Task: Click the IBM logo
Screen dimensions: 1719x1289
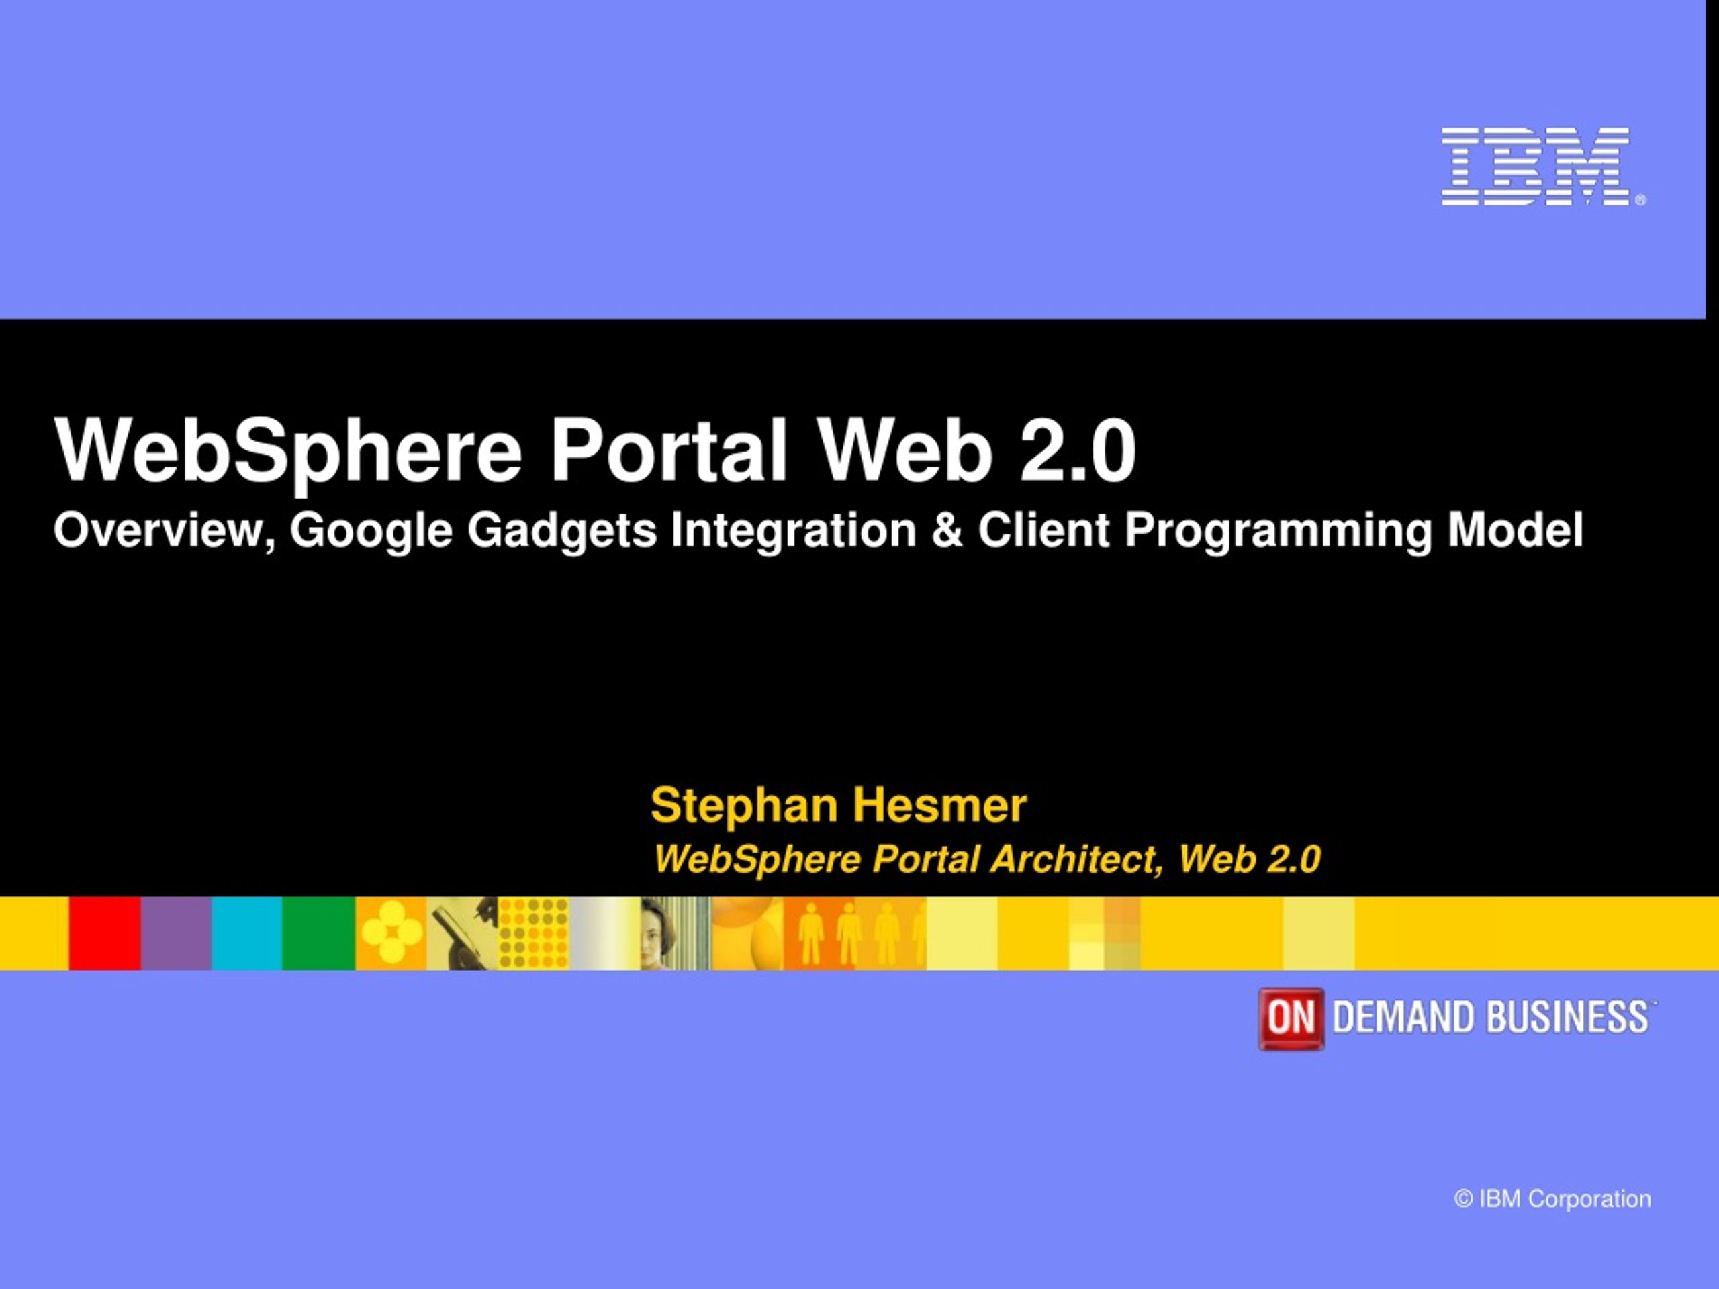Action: pos(1542,166)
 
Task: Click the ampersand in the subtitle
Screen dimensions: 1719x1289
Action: pos(947,530)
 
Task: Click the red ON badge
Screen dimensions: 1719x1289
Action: pos(1291,1018)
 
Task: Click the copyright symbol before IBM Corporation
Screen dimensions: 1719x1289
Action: pos(1464,1199)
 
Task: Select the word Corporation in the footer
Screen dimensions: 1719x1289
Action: pos(1589,1200)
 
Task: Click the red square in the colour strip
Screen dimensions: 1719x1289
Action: pos(105,933)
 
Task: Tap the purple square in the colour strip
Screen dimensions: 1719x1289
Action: pos(177,933)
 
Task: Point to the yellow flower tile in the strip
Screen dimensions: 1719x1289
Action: pos(391,933)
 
